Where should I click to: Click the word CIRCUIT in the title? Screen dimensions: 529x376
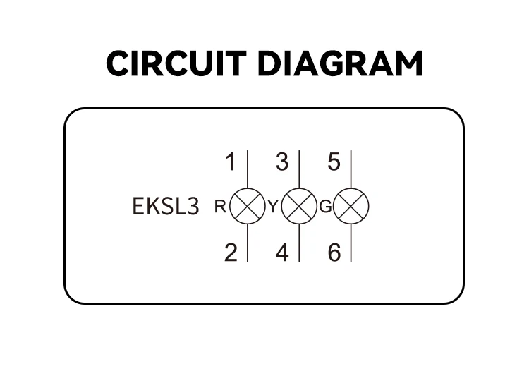click(x=176, y=63)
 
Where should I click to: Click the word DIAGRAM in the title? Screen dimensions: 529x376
click(x=340, y=63)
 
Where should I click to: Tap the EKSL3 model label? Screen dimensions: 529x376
click(x=166, y=206)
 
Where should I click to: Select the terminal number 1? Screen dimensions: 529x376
click(x=231, y=162)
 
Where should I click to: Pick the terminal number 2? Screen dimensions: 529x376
click(x=231, y=253)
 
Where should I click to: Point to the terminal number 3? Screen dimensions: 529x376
click(x=282, y=162)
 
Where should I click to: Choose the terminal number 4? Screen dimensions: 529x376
click(x=282, y=253)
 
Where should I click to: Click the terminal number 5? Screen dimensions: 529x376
click(x=334, y=162)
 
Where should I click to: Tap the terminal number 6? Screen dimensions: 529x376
click(x=334, y=253)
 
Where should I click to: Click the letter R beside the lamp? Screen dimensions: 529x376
click(x=220, y=206)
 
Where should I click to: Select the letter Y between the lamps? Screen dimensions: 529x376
click(x=273, y=206)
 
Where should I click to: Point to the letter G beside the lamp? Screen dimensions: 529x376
click(x=326, y=206)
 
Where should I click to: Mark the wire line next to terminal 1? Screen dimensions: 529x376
click(x=248, y=169)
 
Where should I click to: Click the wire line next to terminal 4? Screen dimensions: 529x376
click(x=299, y=243)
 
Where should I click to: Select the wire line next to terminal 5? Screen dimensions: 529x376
click(x=351, y=169)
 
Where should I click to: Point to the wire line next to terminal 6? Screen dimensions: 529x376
click(x=351, y=243)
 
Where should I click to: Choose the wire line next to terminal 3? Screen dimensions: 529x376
click(x=299, y=169)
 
